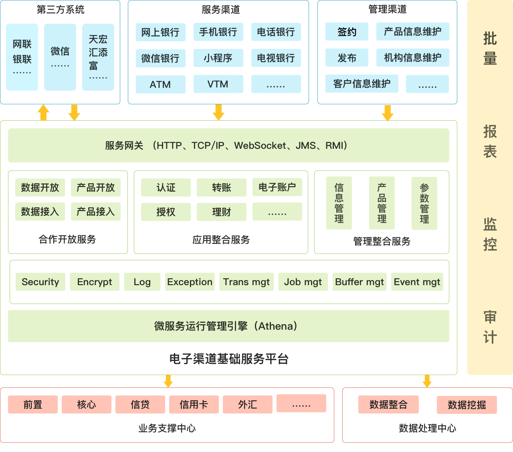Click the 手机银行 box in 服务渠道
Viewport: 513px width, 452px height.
(x=218, y=32)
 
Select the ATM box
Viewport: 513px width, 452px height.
(x=160, y=84)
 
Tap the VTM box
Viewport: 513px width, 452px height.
(x=218, y=84)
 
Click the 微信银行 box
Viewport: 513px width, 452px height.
(x=160, y=59)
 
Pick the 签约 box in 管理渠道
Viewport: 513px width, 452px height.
(x=347, y=32)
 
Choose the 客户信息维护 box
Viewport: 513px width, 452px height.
(x=362, y=83)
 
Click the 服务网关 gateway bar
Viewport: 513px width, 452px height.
(x=228, y=145)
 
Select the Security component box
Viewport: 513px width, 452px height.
(x=40, y=282)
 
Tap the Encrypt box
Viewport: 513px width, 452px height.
(x=95, y=282)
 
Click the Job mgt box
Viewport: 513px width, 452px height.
(x=303, y=282)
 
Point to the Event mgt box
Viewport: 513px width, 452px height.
(x=417, y=282)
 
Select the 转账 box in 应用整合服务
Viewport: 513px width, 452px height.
(x=221, y=188)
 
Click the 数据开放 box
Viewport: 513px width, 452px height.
(x=40, y=187)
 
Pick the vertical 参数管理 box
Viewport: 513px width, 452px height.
(x=424, y=203)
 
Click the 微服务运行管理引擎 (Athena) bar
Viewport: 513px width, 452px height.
(x=228, y=326)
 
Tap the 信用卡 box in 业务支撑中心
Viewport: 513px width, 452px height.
(x=194, y=404)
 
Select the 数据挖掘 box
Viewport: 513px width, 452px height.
(x=467, y=405)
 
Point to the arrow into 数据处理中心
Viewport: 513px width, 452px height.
(x=427, y=381)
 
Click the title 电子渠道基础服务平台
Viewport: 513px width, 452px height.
(x=229, y=359)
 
